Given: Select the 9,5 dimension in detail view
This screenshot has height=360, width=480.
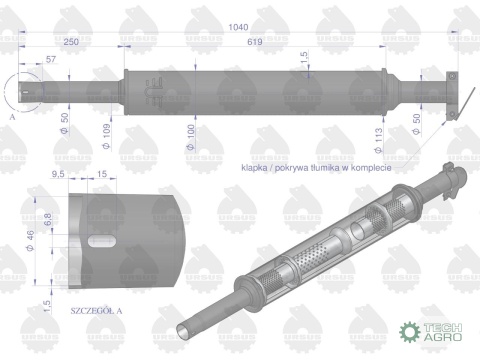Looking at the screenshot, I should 59,173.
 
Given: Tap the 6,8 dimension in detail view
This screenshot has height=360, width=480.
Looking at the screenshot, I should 47,215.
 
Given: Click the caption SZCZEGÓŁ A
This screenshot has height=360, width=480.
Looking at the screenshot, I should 97,311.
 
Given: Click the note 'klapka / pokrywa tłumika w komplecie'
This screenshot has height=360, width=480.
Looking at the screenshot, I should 313,169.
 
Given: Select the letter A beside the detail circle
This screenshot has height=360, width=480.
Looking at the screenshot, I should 11,116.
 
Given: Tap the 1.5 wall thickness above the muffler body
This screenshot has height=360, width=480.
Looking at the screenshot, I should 304,58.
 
